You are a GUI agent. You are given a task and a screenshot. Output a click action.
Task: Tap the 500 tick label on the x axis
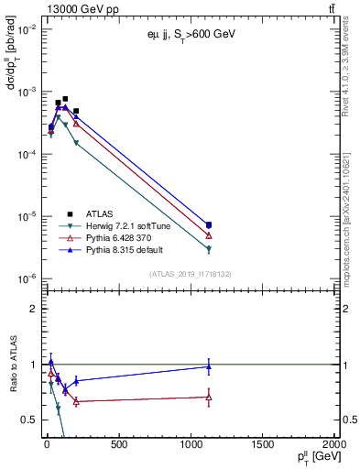coord(117,445)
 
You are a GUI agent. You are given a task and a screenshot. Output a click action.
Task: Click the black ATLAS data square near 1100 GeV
coord(209,224)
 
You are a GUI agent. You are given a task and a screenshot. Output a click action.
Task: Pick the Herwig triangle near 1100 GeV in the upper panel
coord(209,249)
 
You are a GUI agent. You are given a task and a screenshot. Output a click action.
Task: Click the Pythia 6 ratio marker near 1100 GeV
coord(209,397)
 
